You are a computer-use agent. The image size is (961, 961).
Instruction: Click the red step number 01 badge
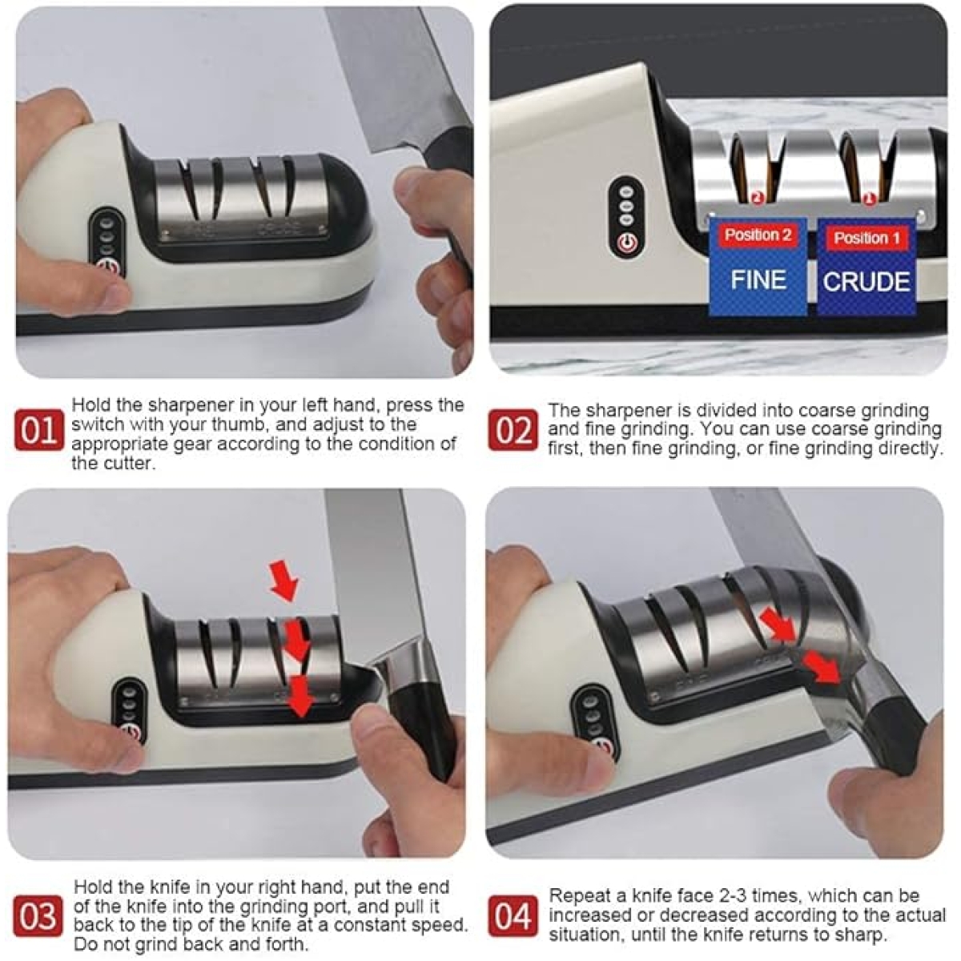pos(39,430)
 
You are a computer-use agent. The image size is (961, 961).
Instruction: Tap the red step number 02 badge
pos(513,430)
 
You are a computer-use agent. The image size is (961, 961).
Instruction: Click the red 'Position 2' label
pos(758,235)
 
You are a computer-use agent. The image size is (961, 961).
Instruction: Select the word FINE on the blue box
pos(758,279)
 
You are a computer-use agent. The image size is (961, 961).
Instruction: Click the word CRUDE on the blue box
pos(867,282)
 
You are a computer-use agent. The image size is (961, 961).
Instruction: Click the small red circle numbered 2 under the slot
pos(757,199)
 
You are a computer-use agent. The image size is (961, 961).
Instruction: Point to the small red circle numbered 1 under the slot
pos(869,199)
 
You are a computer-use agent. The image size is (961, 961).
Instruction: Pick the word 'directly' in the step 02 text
pos(907,448)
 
